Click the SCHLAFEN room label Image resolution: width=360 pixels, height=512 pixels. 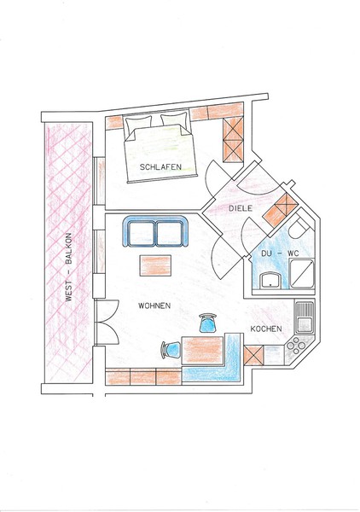point(160,167)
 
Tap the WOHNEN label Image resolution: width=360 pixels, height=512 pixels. point(154,306)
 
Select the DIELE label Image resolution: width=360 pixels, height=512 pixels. point(241,208)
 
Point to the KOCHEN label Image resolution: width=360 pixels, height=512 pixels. point(266,329)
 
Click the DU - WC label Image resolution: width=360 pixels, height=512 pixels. point(280,253)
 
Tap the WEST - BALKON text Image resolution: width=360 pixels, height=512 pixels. point(69,267)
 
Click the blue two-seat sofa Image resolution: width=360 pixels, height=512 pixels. point(155,232)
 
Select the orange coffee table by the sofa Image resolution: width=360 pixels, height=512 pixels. point(155,265)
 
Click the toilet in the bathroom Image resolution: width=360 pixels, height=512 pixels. point(299,227)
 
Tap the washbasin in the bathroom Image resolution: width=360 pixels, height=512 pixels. point(270,281)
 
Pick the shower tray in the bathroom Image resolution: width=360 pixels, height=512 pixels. point(302,274)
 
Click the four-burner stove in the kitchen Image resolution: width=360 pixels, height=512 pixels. point(296,346)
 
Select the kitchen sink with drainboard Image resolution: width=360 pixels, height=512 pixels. point(305,317)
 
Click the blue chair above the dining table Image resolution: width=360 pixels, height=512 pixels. point(207,323)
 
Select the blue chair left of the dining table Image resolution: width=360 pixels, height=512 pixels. point(171,349)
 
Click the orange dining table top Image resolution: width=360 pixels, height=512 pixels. point(203,351)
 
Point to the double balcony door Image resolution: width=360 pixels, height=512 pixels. point(107,322)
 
